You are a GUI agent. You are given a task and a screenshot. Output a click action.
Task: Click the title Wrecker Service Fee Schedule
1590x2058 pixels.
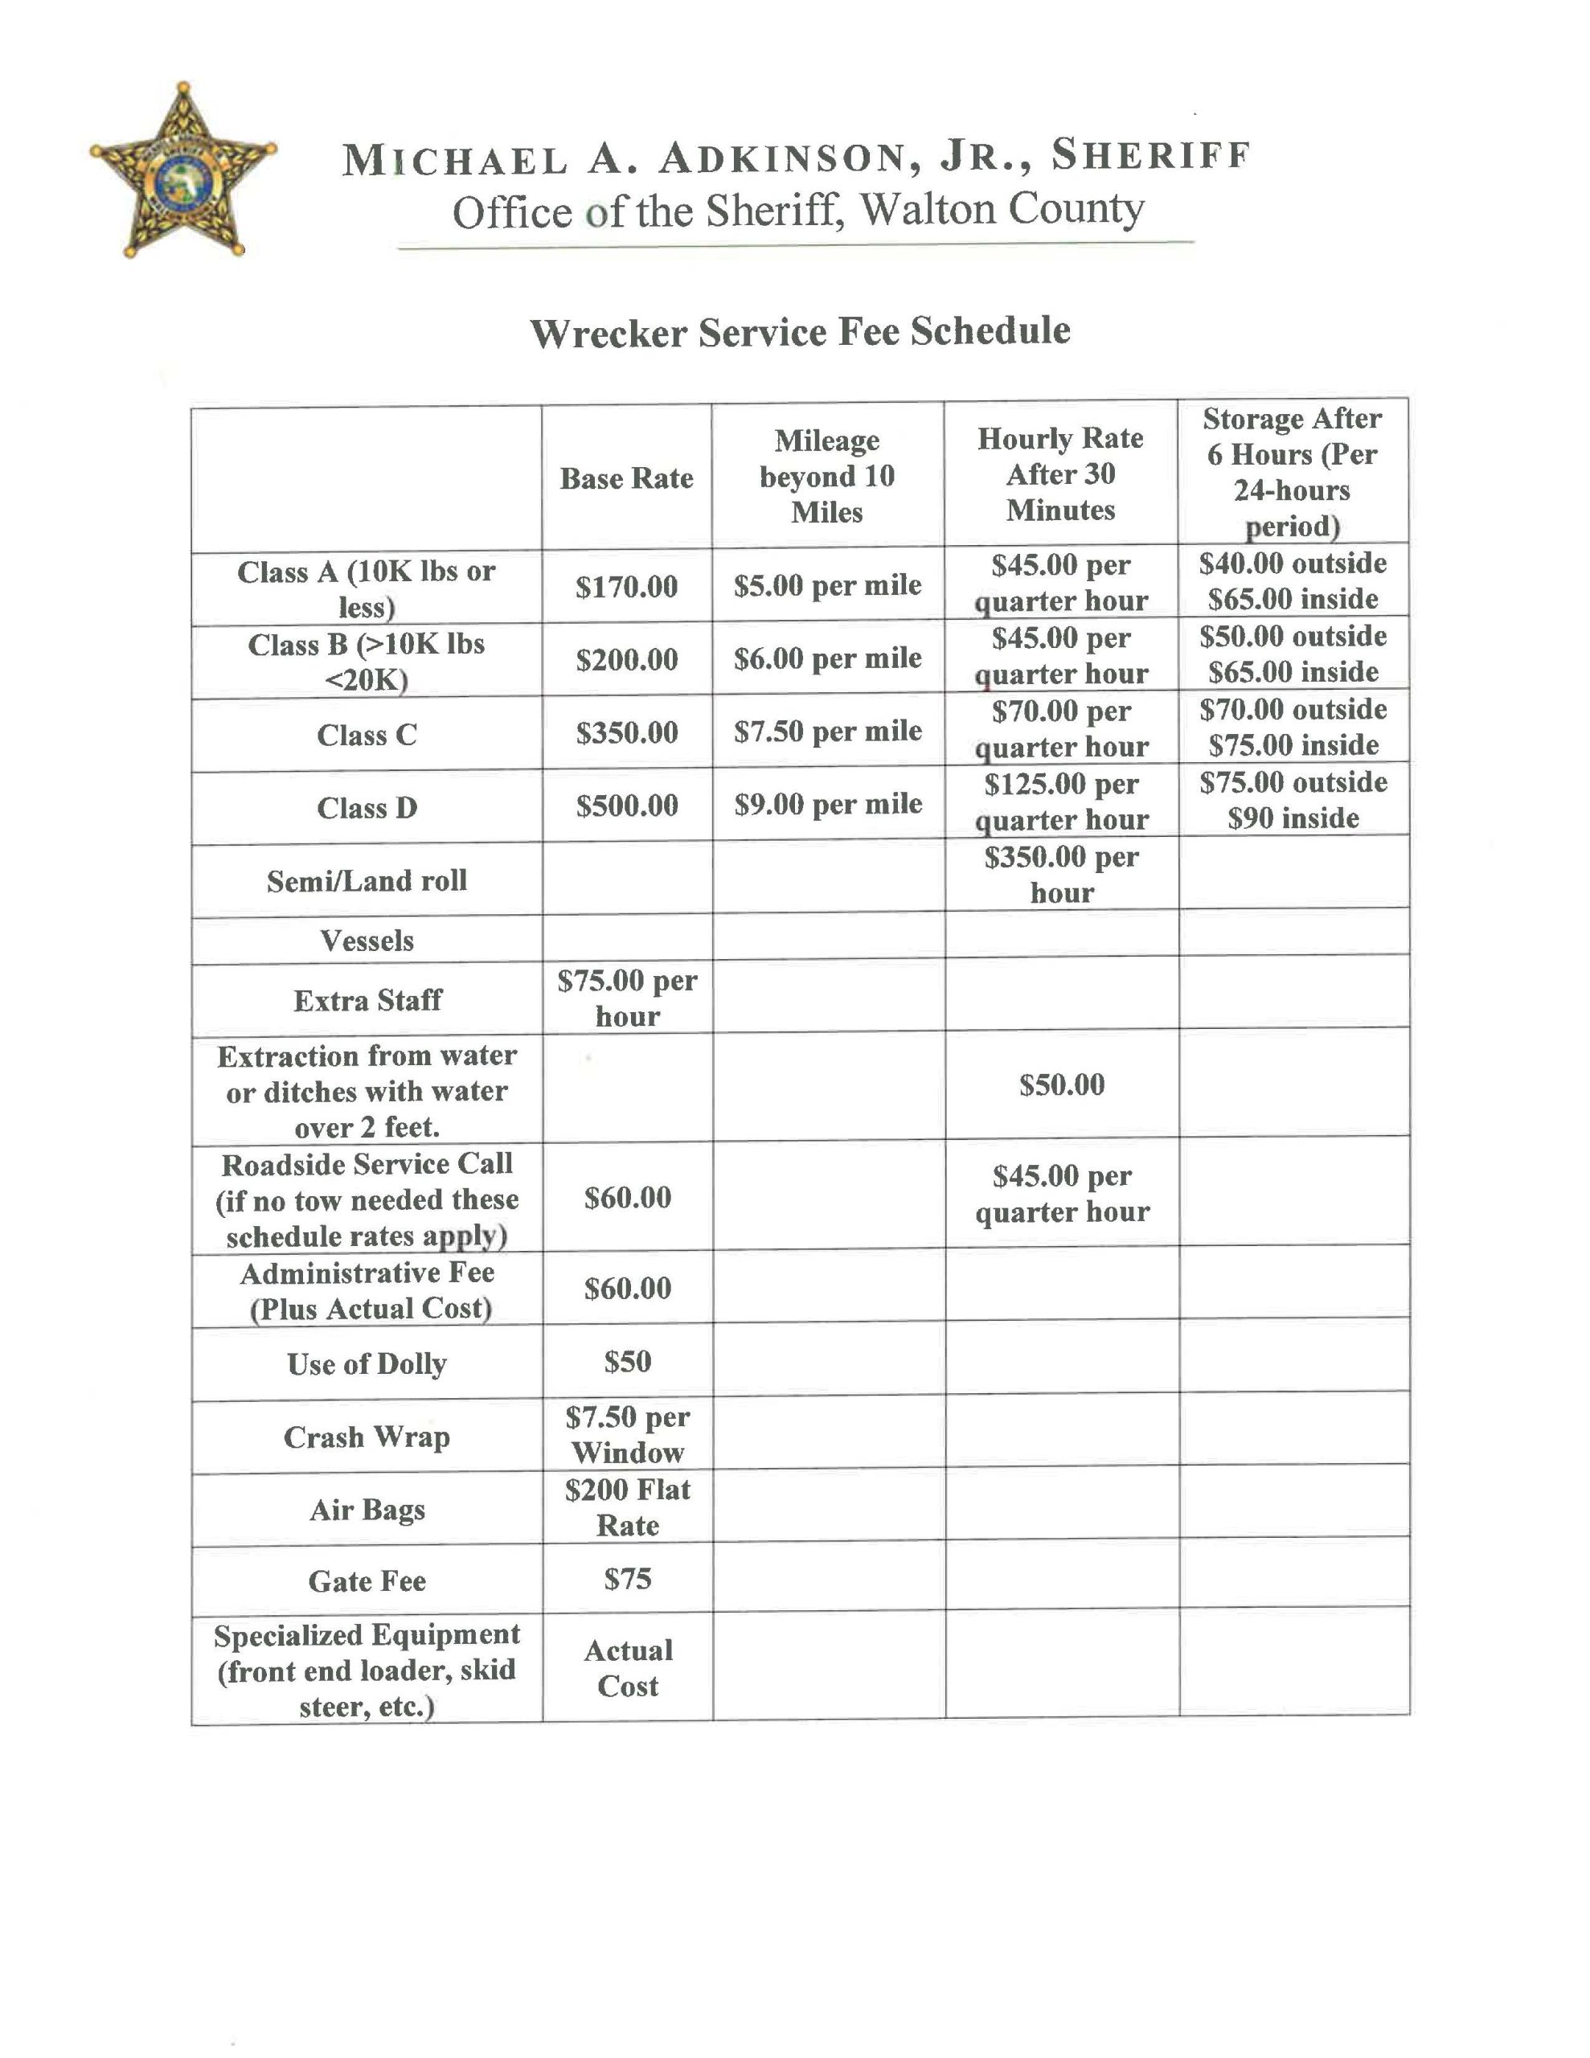(799, 333)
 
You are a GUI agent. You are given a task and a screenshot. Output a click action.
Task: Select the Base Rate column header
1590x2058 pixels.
(626, 478)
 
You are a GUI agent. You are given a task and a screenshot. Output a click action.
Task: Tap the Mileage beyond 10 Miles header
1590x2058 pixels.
(826, 477)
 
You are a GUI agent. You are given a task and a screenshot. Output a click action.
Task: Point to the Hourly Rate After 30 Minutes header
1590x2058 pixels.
(1060, 474)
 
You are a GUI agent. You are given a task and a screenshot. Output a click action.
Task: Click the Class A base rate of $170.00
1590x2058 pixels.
(627, 587)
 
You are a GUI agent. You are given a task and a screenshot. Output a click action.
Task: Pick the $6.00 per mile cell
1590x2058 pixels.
(827, 658)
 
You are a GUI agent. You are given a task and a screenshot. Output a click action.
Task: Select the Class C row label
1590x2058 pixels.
(367, 735)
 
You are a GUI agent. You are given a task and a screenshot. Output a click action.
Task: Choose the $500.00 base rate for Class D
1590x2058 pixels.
(627, 806)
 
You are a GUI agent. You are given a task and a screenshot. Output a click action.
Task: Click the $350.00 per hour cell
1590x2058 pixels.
(1061, 875)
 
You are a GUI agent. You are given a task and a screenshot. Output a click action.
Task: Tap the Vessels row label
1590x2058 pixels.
(367, 941)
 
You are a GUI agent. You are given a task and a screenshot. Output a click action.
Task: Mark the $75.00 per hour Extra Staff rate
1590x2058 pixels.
(627, 998)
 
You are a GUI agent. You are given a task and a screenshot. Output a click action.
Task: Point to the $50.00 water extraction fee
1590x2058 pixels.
(1061, 1084)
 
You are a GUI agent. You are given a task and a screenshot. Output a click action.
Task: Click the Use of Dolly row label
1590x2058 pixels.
(367, 1363)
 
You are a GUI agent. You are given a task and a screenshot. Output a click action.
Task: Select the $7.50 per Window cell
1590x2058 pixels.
(627, 1434)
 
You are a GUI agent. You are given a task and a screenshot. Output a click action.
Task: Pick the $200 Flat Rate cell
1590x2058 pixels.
(627, 1507)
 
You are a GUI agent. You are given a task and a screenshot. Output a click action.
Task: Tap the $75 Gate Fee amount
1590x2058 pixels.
(627, 1578)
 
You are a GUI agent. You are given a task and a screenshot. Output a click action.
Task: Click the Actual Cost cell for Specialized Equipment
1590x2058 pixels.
(627, 1668)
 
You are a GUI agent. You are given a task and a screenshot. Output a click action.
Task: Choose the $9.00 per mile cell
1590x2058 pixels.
(827, 805)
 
